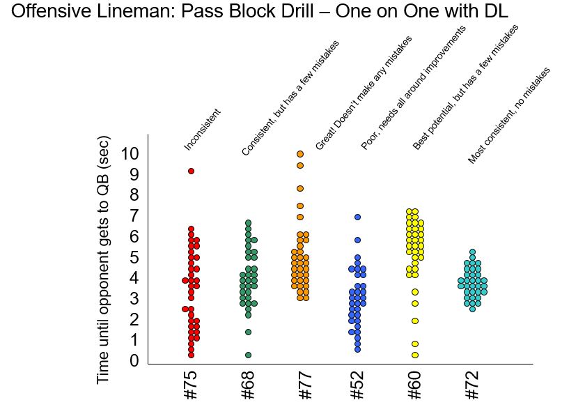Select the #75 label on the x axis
pos(191,385)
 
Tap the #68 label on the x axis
pos(248,385)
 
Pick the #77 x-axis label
pos(304,385)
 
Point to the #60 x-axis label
pos(414,385)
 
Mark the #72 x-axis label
pos(471,385)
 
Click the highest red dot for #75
pos(191,171)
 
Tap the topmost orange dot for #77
pos(300,154)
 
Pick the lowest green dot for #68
pos(248,355)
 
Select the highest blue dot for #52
pos(357,217)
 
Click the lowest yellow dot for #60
pos(415,355)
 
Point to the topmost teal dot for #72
pos(472,252)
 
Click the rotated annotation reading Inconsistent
pos(203,130)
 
